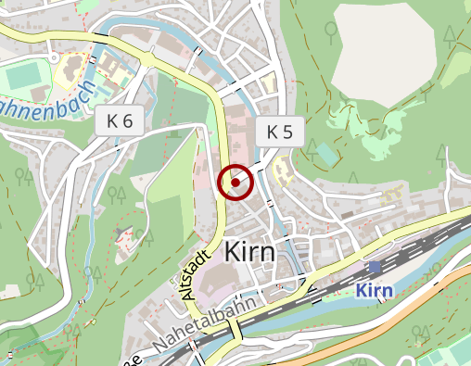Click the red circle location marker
tap(235, 183)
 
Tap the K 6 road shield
tap(120, 120)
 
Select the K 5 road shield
tap(279, 133)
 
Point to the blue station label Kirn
tap(375, 290)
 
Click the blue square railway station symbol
tap(375, 267)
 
